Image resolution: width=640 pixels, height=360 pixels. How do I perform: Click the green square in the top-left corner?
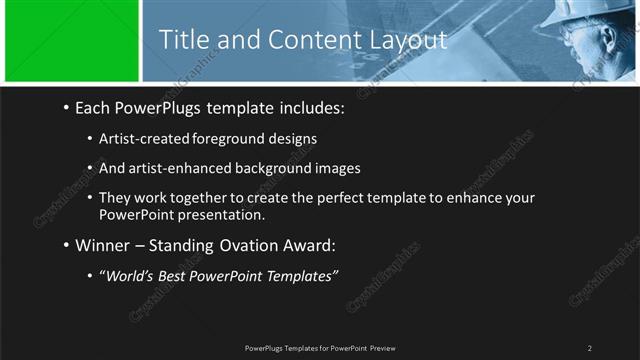click(70, 41)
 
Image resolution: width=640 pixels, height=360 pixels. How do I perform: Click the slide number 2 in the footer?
click(590, 347)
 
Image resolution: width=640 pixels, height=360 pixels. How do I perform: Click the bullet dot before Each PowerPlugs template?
click(65, 106)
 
